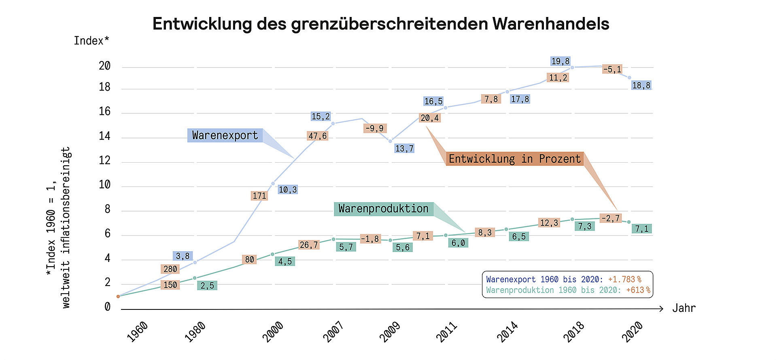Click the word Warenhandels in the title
pos(550,24)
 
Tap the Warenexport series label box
pos(225,135)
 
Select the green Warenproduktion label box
pos(383,209)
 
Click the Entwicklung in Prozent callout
pos(514,159)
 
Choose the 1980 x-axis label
pos(195,332)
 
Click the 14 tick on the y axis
pos(104,136)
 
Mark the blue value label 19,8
pos(560,61)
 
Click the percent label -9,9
pos(375,128)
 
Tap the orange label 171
pos(259,196)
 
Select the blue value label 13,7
pos(404,148)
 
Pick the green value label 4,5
pos(285,261)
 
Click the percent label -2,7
pos(611,218)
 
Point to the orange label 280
pos(170,269)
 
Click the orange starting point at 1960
pos(118,296)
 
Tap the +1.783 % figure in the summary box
pos(624,280)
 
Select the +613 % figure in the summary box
pos(638,290)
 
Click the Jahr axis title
pos(684,308)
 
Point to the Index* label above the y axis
pos(91,41)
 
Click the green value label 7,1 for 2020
pos(641,229)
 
